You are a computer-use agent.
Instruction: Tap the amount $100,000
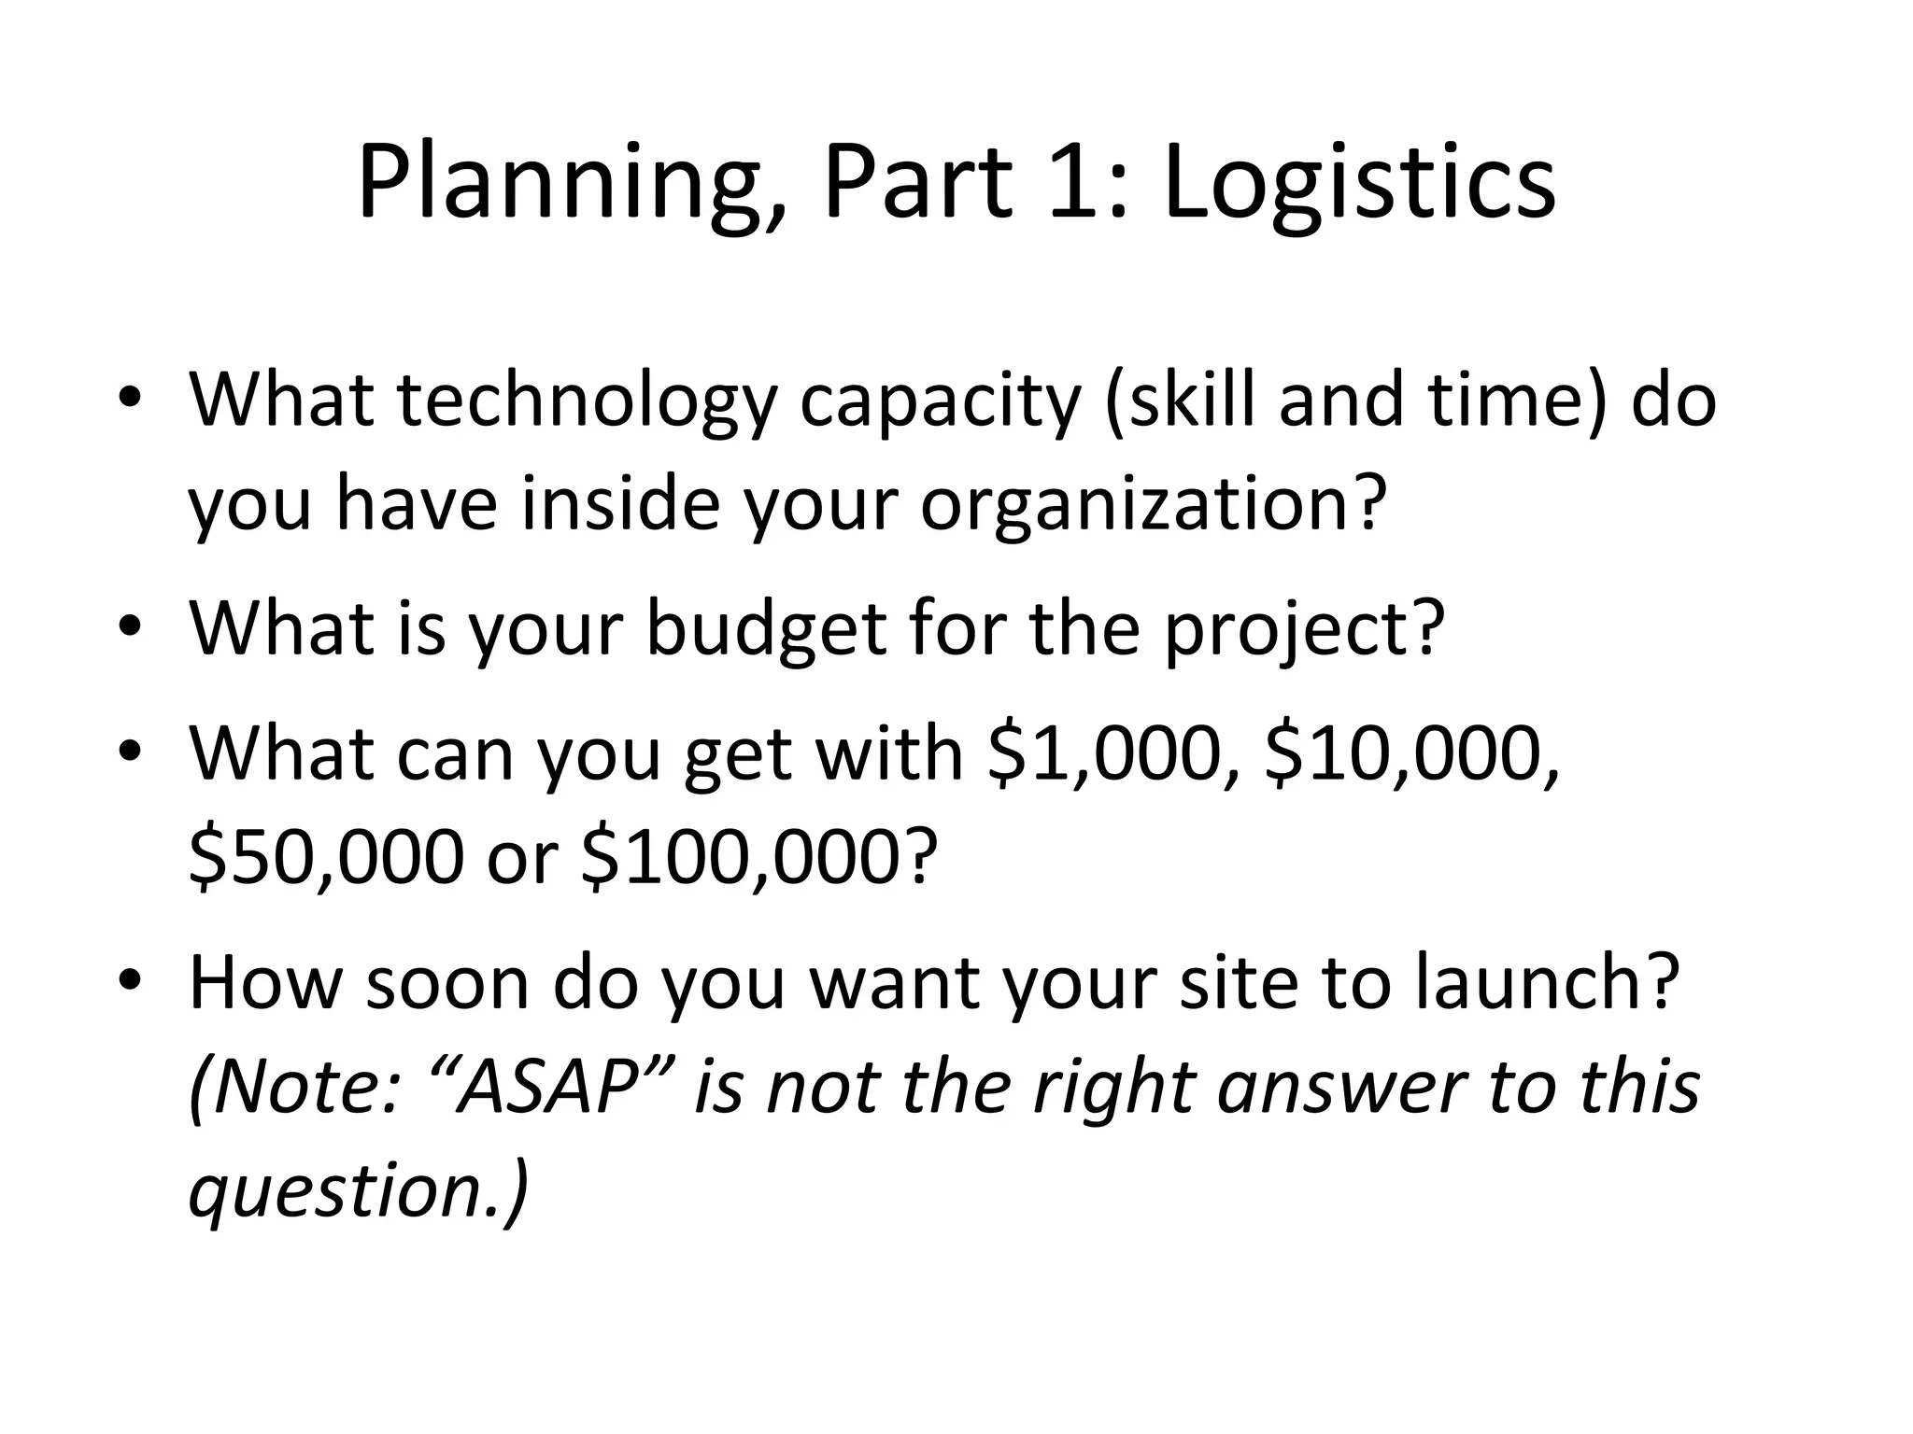coord(743,858)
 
